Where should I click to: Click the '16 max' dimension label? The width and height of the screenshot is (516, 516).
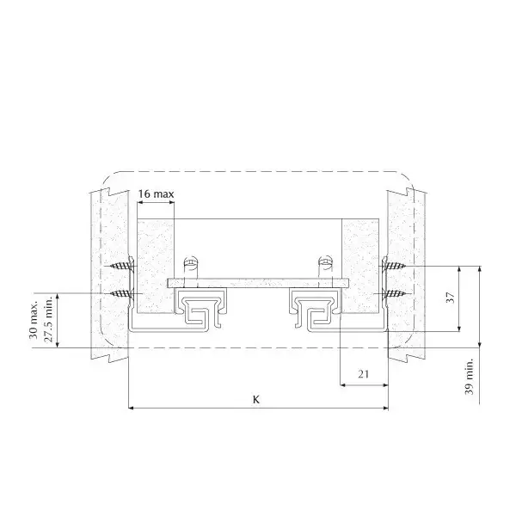(x=156, y=193)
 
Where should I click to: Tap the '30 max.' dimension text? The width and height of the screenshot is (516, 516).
(x=34, y=319)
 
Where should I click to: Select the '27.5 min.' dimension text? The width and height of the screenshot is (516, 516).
(x=48, y=319)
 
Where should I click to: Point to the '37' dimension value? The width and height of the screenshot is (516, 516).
(x=451, y=298)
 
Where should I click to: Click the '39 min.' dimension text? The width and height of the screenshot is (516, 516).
(x=470, y=377)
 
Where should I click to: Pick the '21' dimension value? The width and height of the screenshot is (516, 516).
(x=363, y=374)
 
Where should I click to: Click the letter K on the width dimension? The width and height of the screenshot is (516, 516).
(x=256, y=400)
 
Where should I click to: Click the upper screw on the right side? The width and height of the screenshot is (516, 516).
(x=394, y=265)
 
